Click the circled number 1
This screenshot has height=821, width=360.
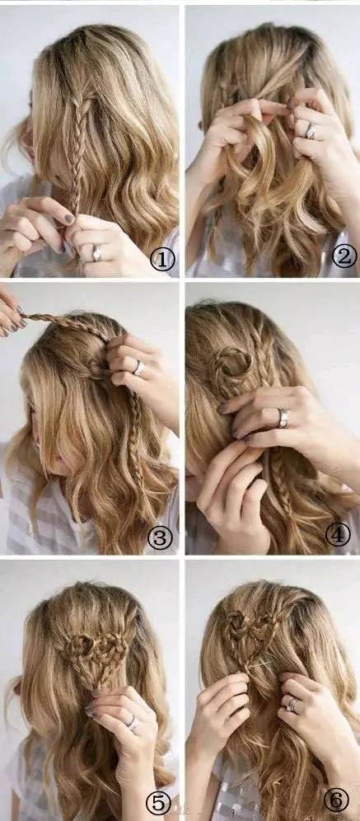tap(162, 259)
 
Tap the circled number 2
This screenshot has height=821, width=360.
tap(344, 256)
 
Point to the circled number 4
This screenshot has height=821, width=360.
tap(338, 534)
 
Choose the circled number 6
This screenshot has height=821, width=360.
tap(336, 800)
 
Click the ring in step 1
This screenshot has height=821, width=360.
tap(97, 253)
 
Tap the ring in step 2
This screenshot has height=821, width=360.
tap(311, 131)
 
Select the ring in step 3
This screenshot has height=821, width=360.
tap(138, 368)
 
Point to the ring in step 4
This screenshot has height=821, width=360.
tap(283, 418)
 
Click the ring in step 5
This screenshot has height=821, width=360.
tap(133, 723)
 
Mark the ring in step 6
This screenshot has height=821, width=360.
tap(292, 705)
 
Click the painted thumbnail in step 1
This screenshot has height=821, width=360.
tap(69, 218)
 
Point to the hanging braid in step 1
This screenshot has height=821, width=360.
tap(77, 152)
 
